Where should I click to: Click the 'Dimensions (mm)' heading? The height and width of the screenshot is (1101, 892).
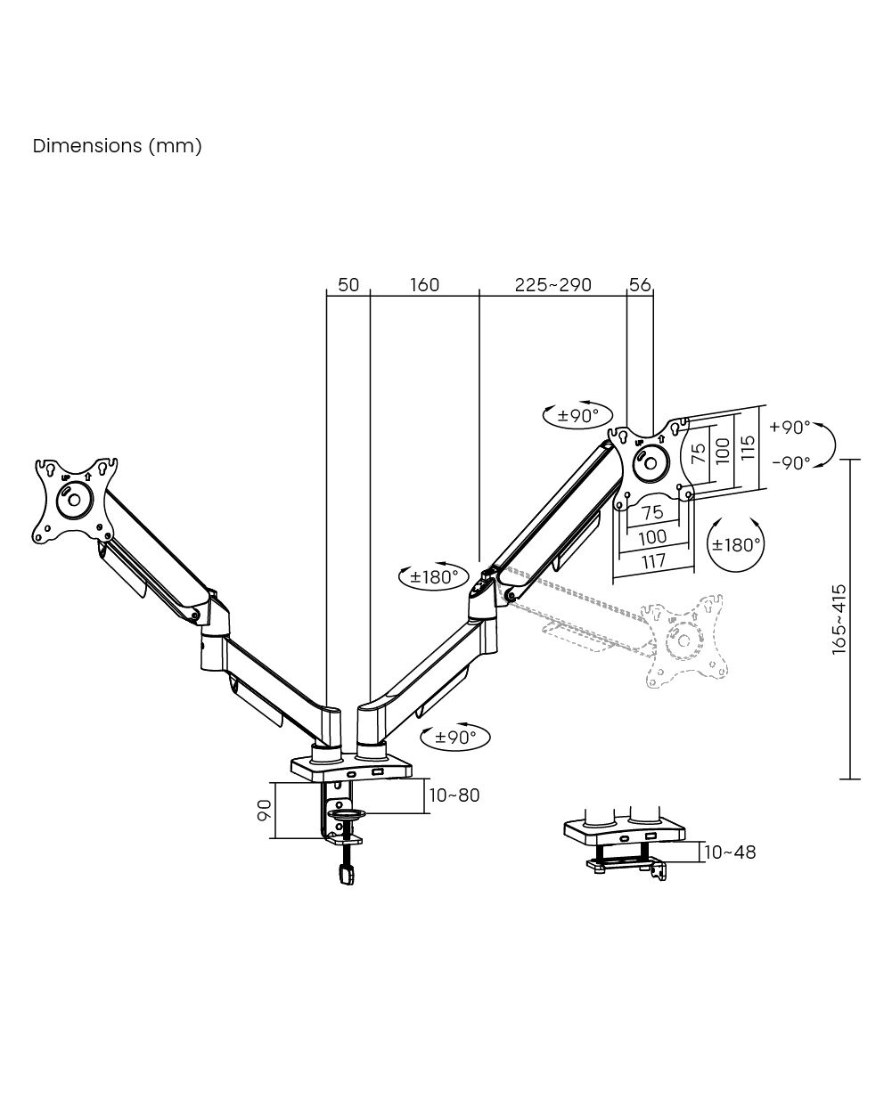pos(117,145)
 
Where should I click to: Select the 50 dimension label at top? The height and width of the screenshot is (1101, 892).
pos(348,285)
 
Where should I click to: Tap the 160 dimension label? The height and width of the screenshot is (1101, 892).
pos(424,285)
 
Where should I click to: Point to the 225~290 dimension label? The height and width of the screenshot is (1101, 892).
pos(552,285)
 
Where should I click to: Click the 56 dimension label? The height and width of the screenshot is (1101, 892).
pos(640,285)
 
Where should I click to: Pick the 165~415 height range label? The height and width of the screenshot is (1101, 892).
pos(839,620)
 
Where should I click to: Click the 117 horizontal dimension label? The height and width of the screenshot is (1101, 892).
pos(653,561)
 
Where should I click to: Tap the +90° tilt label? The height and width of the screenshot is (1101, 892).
pos(790,427)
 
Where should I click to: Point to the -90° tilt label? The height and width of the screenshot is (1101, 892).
pos(790,462)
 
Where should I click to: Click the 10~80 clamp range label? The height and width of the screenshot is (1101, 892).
pos(454,795)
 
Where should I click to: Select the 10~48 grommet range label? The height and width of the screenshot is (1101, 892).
pos(729,852)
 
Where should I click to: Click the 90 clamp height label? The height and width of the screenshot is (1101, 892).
pos(265,811)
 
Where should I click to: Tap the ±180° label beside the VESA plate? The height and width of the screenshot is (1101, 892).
pos(735,544)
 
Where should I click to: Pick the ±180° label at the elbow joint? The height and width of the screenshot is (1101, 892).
pos(434,576)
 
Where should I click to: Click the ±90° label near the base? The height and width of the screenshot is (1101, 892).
pos(456,737)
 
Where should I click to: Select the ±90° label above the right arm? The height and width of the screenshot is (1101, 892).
pos(577,415)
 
